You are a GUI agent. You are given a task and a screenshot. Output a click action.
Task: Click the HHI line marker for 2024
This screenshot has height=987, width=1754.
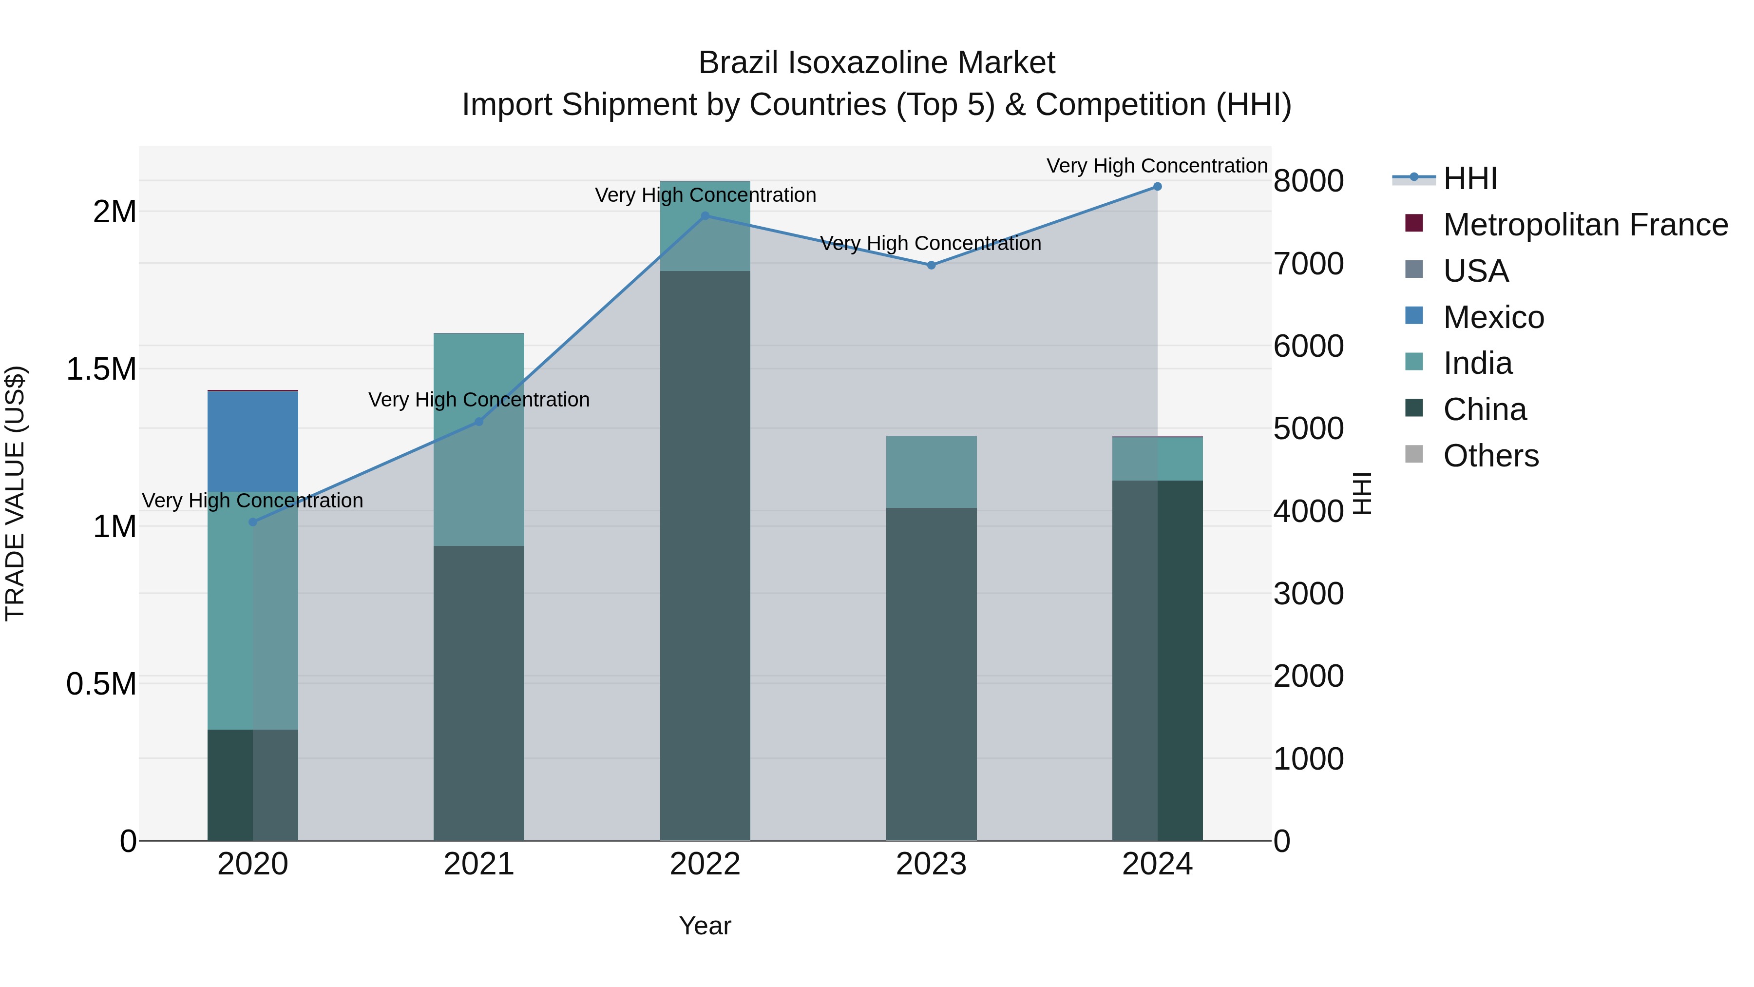[1157, 187]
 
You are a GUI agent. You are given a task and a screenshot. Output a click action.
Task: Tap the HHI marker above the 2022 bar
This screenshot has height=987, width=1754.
[705, 216]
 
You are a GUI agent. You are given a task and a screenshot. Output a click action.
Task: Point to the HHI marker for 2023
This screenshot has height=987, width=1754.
[931, 265]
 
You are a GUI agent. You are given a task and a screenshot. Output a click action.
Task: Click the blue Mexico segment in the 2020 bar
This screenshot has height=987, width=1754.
[252, 442]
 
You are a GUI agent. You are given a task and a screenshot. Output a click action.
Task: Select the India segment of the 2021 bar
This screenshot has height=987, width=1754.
[478, 439]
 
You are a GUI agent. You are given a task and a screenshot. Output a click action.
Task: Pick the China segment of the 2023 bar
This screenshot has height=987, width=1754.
[931, 675]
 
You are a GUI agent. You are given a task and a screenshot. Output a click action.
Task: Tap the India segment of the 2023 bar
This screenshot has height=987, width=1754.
[931, 471]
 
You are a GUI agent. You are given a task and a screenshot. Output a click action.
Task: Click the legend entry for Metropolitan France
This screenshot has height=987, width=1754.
[1585, 225]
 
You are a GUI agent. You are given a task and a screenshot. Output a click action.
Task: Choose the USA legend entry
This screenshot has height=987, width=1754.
[1475, 271]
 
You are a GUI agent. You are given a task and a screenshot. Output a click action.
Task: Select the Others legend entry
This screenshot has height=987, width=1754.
[1490, 456]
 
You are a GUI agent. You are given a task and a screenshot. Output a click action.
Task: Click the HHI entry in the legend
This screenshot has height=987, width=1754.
[1469, 178]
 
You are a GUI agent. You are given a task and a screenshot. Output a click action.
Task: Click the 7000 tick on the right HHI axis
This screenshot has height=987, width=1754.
[1308, 264]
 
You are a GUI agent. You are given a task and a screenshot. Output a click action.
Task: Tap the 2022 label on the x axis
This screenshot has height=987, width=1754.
[705, 864]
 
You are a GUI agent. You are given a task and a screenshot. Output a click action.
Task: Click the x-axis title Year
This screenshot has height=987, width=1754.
[705, 926]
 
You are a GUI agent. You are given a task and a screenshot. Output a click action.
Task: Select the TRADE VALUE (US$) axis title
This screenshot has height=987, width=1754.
[15, 493]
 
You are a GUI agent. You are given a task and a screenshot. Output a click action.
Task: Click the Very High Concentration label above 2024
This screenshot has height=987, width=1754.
[1156, 166]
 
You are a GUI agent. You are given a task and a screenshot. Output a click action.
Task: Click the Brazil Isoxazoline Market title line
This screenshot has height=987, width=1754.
[877, 63]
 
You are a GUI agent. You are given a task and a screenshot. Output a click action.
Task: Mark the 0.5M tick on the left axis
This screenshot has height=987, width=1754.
[101, 684]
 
